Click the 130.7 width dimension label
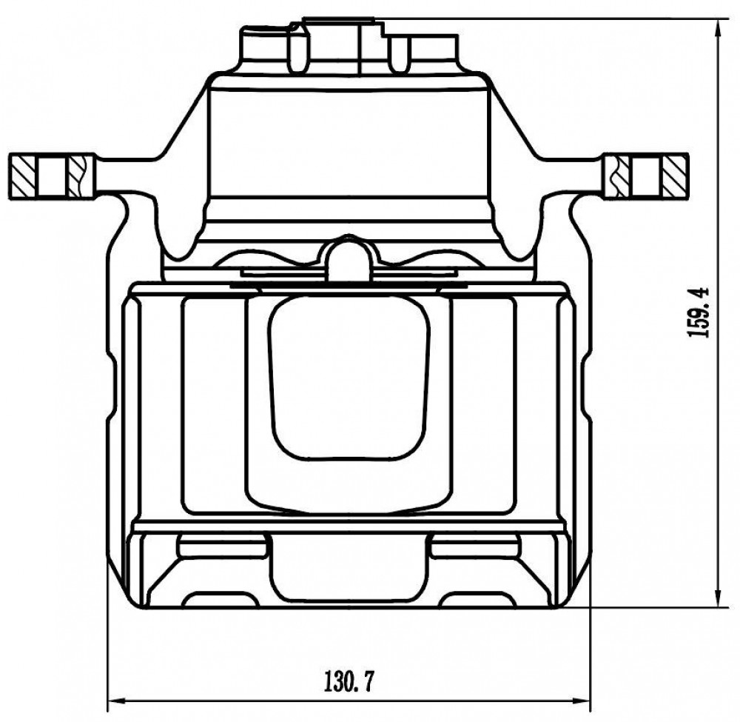[x=349, y=682]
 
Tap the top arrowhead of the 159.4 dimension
[x=719, y=28]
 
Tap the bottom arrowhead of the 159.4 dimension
[x=719, y=598]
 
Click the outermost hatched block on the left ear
[x=22, y=176]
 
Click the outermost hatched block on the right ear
[x=674, y=176]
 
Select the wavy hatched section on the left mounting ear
[x=81, y=176]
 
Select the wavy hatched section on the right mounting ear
[x=618, y=176]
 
